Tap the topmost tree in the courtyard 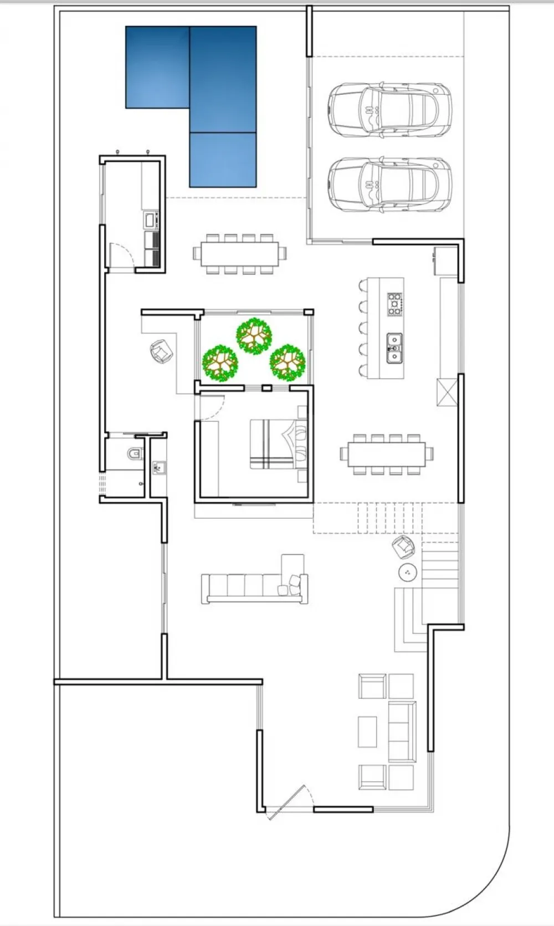[254, 335]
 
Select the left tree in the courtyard [220, 363]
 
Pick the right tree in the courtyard [288, 363]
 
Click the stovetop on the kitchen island [394, 304]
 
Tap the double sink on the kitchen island [394, 347]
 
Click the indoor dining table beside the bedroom [387, 454]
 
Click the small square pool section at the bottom [223, 160]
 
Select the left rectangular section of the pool [158, 67]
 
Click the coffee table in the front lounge [367, 731]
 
